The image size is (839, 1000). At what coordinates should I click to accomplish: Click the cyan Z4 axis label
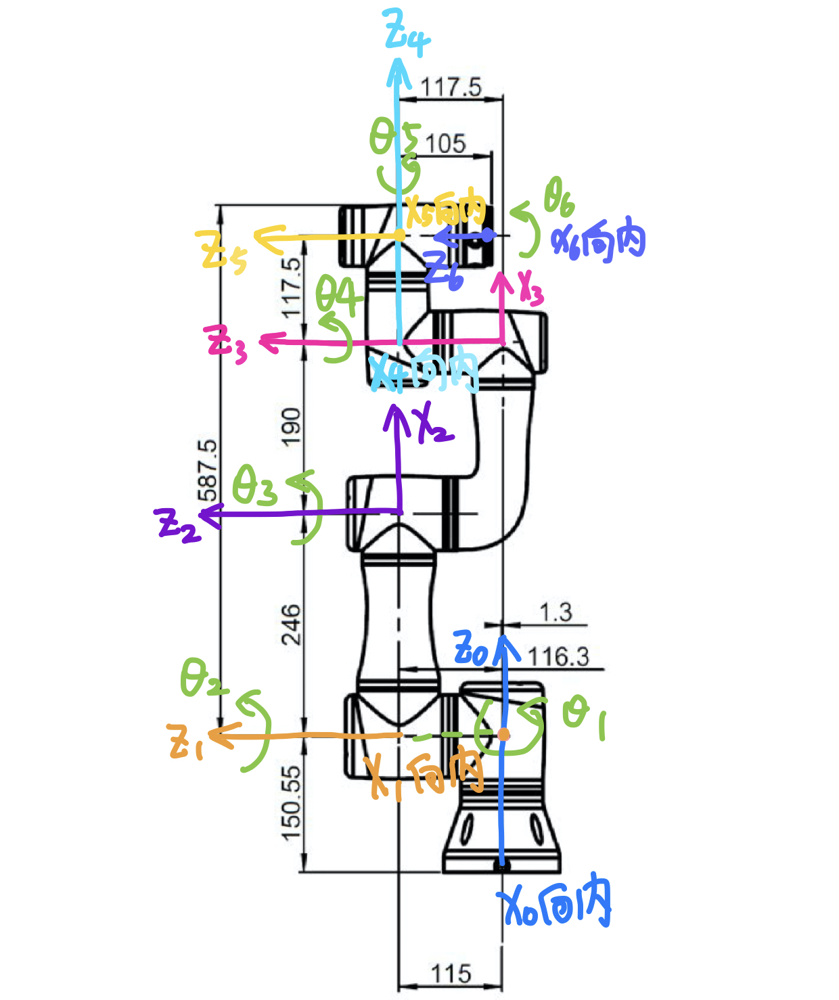tap(407, 32)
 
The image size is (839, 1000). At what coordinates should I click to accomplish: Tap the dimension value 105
tap(445, 144)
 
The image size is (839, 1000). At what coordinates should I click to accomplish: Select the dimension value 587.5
tap(208, 470)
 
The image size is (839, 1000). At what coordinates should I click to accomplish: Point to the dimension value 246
tap(290, 624)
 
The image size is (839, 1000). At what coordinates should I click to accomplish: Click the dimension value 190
tap(290, 426)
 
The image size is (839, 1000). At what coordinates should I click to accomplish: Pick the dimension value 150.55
tap(291, 803)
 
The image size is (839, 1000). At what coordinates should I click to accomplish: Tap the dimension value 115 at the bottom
tap(451, 974)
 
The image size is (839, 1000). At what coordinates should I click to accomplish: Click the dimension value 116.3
tap(558, 656)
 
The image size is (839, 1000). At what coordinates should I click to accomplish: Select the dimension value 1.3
tap(555, 612)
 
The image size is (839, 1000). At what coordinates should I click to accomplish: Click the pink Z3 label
tap(227, 343)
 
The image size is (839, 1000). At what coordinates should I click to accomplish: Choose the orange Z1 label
tap(187, 742)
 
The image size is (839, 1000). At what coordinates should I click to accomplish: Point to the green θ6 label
tap(560, 196)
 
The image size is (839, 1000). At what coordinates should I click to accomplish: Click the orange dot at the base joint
tap(503, 734)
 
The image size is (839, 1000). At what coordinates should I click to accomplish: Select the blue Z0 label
tap(472, 648)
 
